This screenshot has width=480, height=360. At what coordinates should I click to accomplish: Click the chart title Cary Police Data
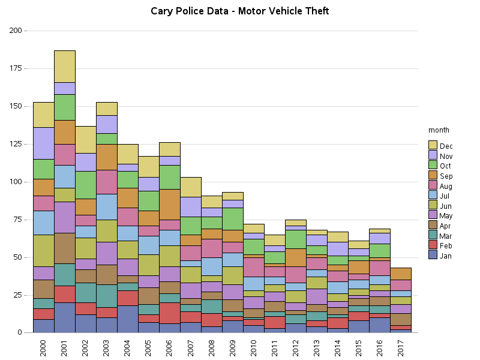239,11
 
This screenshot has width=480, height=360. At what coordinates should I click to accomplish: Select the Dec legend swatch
433,145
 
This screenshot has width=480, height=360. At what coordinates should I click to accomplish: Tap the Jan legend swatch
433,256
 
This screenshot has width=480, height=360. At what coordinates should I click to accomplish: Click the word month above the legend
439,130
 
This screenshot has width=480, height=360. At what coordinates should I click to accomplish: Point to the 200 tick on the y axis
16,31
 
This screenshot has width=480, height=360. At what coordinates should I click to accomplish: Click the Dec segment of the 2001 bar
65,66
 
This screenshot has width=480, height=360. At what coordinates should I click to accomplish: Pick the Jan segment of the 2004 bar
128,319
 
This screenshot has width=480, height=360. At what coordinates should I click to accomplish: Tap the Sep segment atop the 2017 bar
401,274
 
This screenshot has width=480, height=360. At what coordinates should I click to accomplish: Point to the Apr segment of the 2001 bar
65,248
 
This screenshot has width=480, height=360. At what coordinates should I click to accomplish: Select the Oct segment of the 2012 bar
296,239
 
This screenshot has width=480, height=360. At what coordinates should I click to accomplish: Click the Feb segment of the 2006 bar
170,313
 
